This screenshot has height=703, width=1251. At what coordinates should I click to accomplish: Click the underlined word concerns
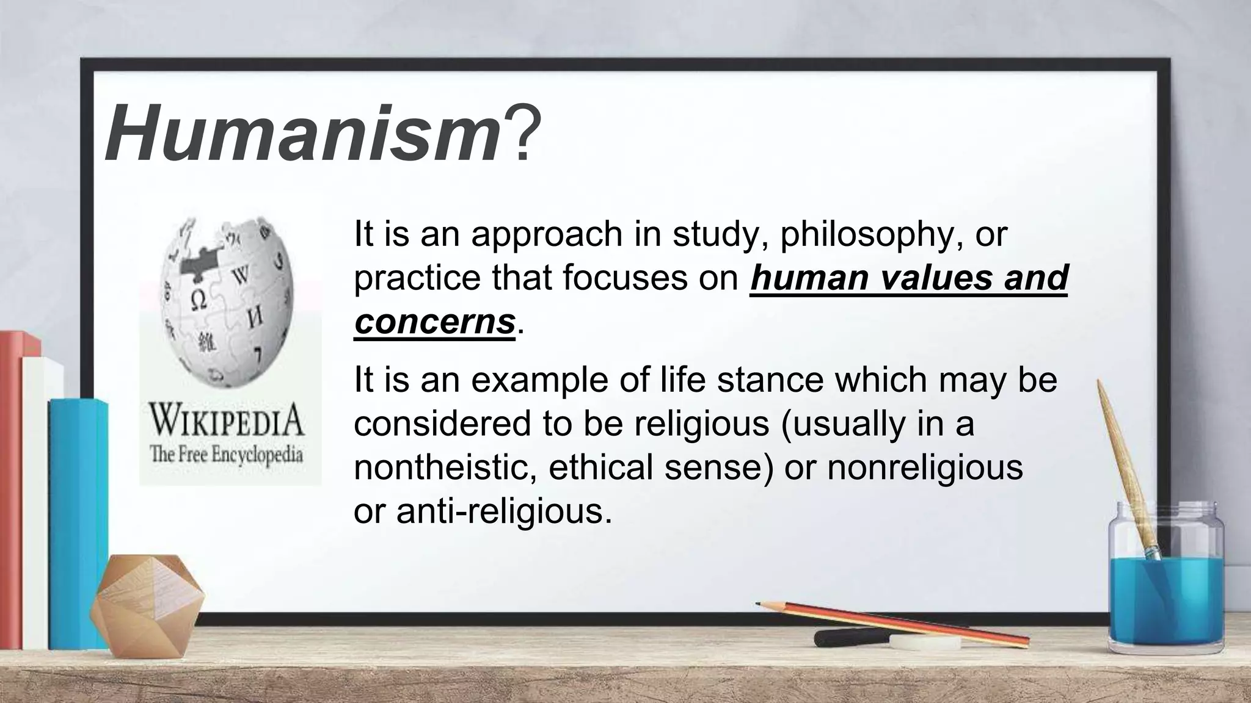[434, 322]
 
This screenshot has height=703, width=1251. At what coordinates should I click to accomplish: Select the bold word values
[938, 278]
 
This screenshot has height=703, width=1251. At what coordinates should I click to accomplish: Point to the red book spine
[11, 488]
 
